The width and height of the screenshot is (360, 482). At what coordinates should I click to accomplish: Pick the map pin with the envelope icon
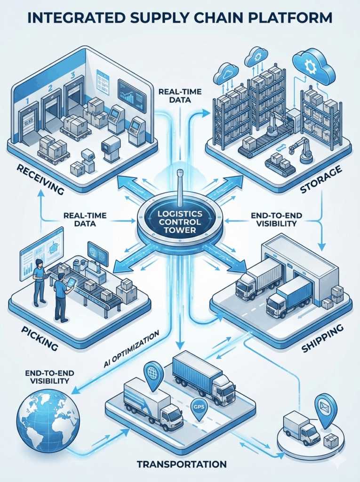click(325, 410)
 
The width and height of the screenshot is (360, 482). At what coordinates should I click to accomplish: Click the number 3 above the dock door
click(72, 74)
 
